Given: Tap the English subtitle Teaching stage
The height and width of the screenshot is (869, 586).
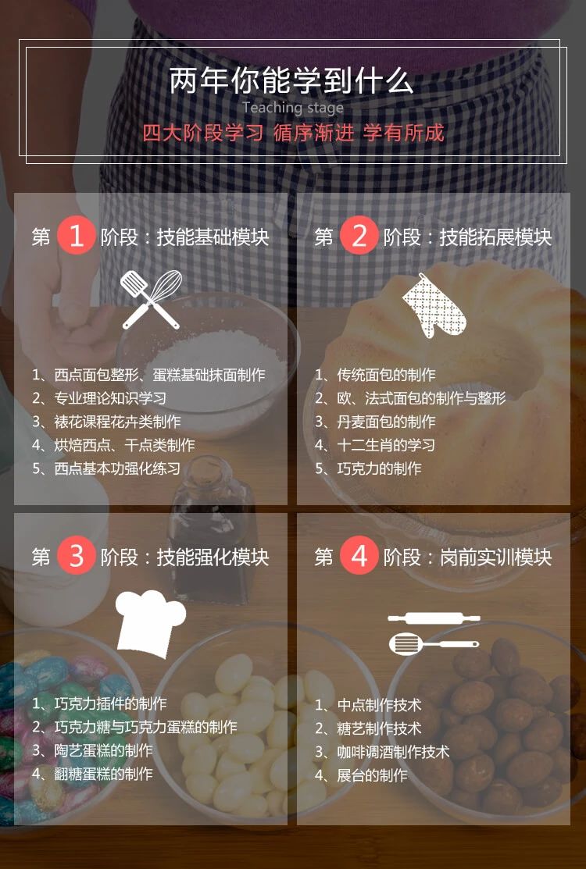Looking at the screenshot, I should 292,108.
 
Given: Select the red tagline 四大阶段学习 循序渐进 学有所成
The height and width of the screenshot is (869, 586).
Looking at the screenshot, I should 293,133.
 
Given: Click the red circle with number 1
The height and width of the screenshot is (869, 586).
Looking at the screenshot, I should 76,237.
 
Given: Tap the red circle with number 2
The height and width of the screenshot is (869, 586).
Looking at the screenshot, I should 359,237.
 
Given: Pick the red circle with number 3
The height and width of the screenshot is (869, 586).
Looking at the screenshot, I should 76,557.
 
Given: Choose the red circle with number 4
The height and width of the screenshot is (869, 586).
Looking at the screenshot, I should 359,557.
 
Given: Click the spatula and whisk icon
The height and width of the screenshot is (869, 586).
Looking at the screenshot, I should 152,300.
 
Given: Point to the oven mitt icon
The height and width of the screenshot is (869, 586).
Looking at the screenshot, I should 434,305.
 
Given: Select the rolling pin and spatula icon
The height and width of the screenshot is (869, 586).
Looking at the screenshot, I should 434,632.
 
